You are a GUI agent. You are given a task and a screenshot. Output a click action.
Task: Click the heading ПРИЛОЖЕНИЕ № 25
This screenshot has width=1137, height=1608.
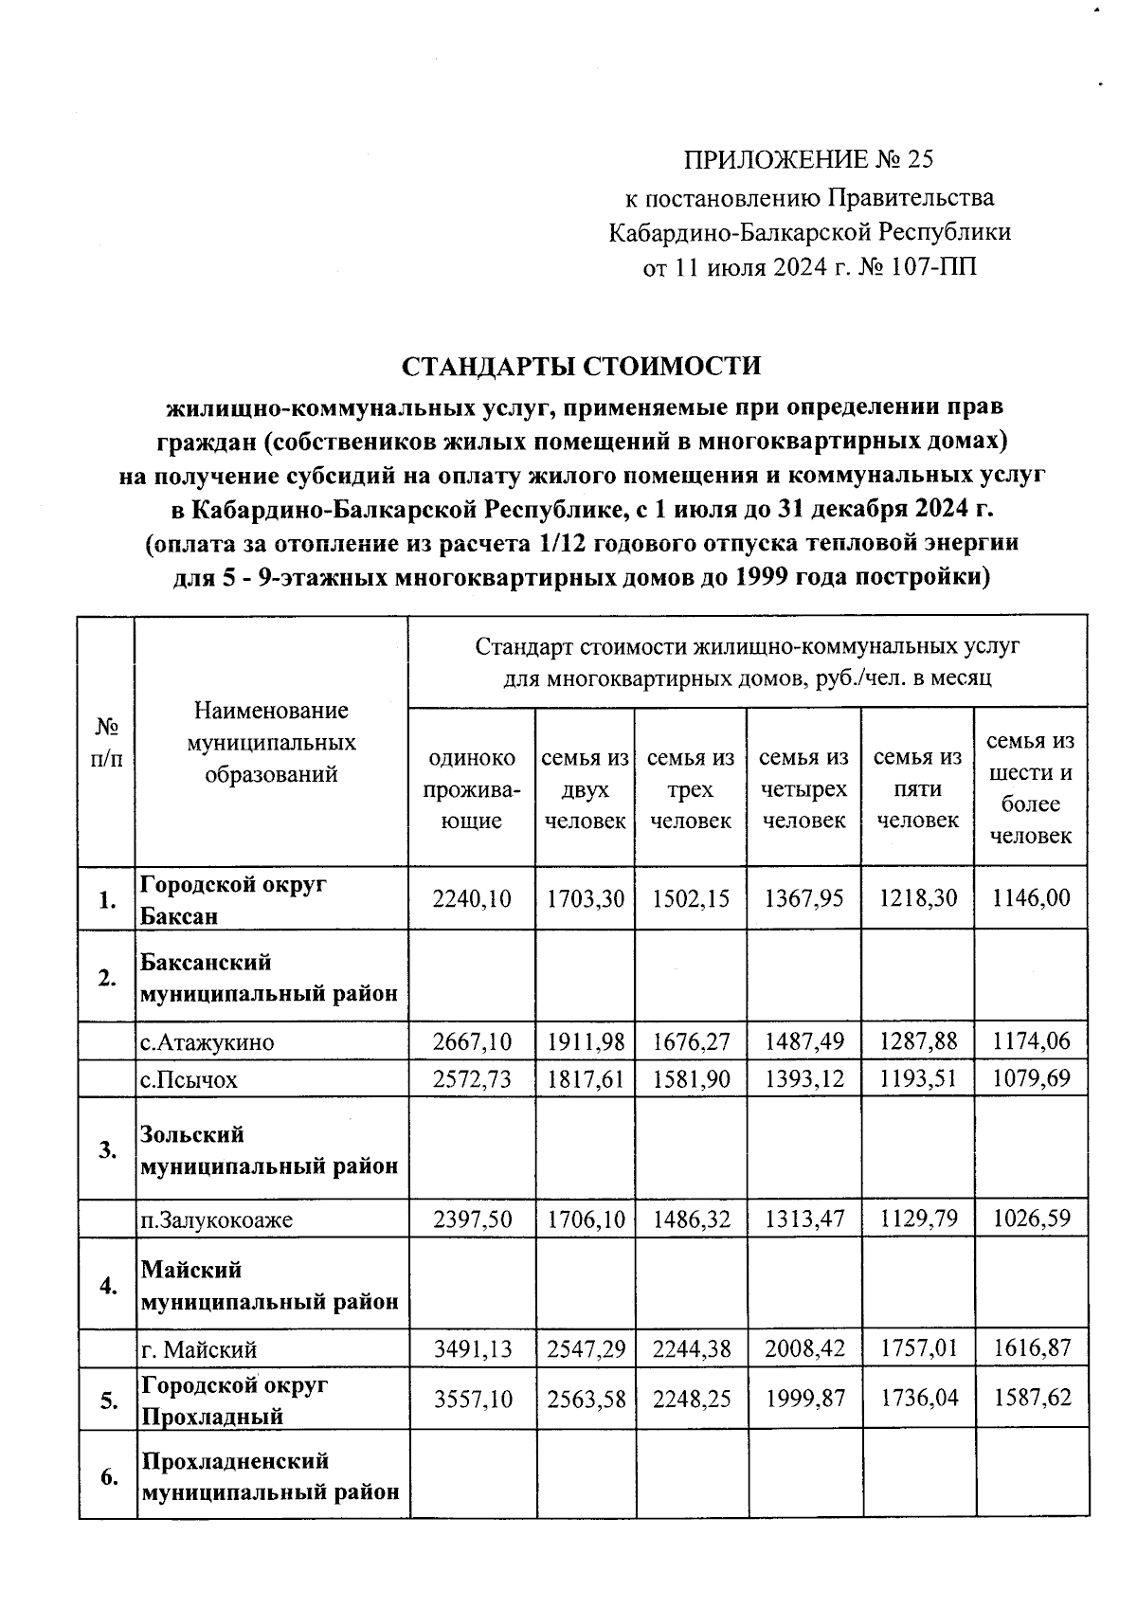(808, 159)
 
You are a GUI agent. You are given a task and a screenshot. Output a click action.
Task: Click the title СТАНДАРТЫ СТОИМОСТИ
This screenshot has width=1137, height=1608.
(581, 366)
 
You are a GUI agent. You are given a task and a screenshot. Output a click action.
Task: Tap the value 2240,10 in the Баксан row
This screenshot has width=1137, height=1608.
(471, 898)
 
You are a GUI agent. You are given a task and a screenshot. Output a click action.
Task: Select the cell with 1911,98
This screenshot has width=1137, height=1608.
(586, 1042)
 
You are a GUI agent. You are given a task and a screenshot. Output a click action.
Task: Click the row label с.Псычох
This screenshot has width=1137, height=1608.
(189, 1079)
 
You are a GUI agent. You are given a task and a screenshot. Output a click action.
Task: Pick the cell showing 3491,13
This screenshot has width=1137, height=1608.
(471, 1348)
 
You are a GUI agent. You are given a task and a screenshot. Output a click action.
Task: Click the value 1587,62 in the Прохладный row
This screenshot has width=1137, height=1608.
(1031, 1398)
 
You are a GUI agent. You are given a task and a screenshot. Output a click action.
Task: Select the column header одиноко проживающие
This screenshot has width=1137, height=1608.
(471, 789)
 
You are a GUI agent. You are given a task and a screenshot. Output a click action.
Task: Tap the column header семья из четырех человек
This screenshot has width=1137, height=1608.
(803, 789)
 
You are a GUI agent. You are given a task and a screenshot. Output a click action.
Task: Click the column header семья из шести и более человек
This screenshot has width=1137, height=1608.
(1031, 788)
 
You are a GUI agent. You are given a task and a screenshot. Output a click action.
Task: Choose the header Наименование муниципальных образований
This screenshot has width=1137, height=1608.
(271, 742)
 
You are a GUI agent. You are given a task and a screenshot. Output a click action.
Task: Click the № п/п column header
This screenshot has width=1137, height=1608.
(107, 742)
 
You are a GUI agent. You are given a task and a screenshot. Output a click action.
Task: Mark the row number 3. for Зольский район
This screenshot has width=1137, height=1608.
(108, 1150)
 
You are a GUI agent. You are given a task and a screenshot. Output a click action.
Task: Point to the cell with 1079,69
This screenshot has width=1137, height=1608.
(1031, 1079)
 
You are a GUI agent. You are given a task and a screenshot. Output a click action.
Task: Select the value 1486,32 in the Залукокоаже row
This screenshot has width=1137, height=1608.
(691, 1219)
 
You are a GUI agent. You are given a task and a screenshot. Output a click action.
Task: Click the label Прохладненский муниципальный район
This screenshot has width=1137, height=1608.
(270, 1476)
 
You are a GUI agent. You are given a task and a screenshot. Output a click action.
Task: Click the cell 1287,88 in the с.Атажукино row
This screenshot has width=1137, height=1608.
(917, 1042)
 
